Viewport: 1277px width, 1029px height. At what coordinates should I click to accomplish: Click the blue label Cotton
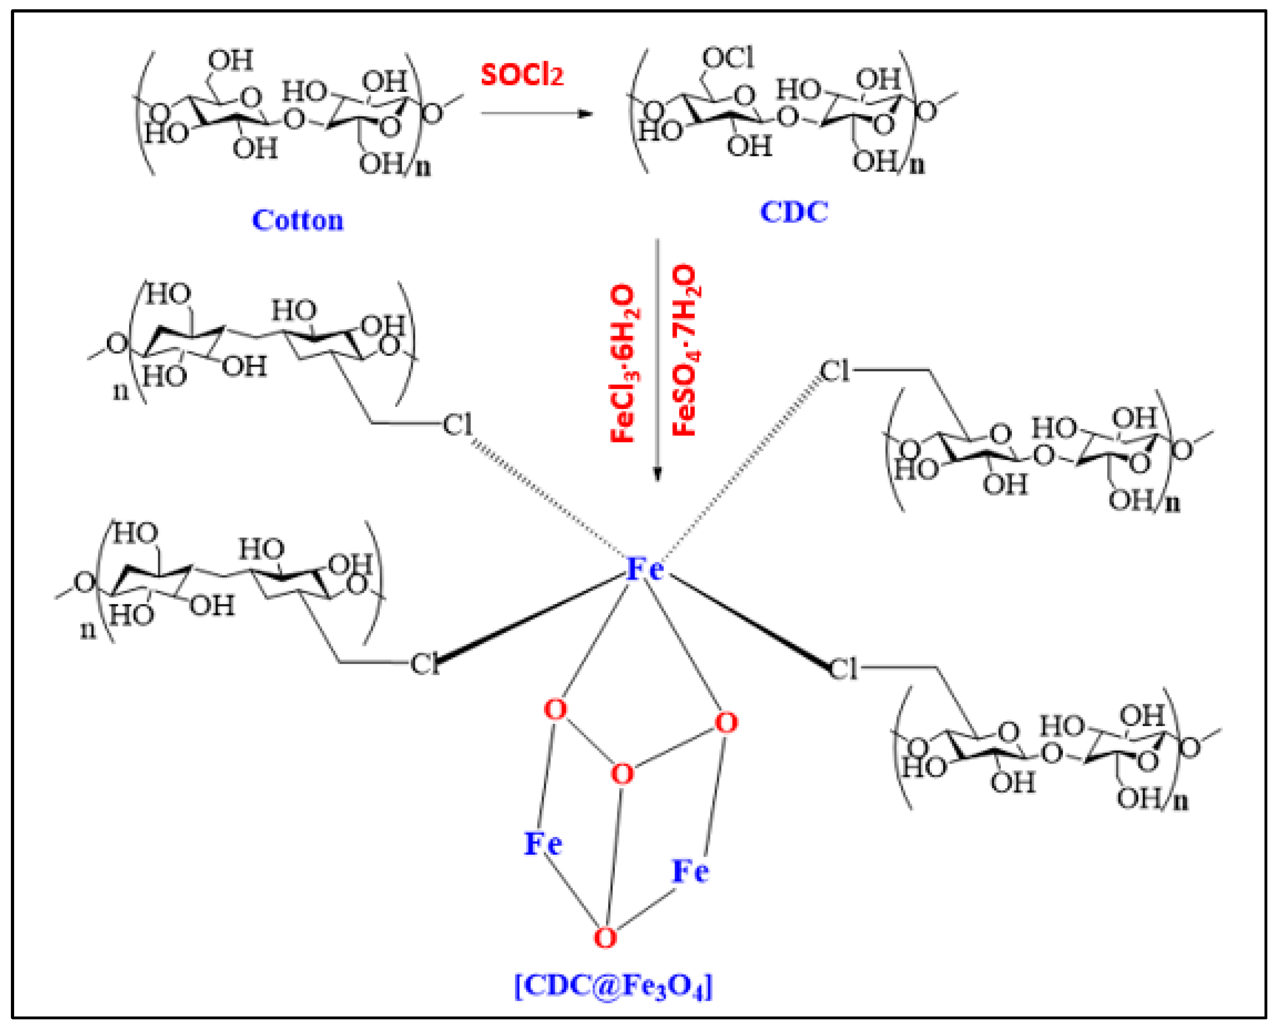[x=298, y=221]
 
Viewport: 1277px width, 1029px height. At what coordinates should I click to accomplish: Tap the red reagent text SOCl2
[x=521, y=75]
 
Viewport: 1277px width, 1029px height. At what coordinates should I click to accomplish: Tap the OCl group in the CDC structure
[x=727, y=58]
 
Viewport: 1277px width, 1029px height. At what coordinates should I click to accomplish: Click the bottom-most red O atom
[x=605, y=938]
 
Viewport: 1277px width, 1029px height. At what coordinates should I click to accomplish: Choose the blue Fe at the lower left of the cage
[x=542, y=843]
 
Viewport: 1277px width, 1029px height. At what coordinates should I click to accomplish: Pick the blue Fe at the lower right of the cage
[x=690, y=871]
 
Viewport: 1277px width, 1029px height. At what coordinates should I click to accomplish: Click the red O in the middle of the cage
[x=622, y=774]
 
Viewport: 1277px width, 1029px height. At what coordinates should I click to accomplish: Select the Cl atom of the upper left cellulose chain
[x=457, y=424]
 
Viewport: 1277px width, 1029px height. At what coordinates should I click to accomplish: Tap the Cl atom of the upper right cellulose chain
[x=835, y=372]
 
